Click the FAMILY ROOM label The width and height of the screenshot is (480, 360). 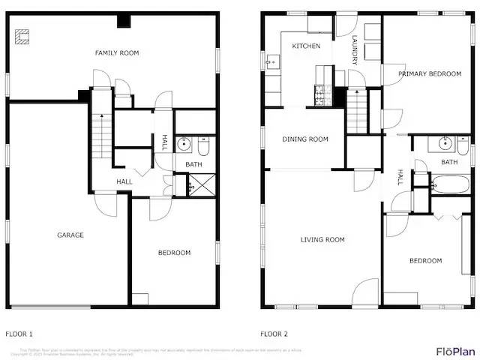pos(116,53)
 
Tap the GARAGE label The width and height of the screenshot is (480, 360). pos(70,235)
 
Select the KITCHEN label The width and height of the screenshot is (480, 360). pos(306,46)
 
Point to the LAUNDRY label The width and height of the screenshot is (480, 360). pos(354,52)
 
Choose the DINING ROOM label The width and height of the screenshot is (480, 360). pos(305,139)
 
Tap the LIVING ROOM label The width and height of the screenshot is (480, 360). pos(322,240)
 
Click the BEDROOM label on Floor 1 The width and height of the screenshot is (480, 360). pos(174,253)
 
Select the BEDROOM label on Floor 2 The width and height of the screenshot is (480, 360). pos(425,261)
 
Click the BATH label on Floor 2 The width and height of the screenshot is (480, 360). pos(449,162)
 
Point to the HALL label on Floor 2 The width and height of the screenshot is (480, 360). pos(400,177)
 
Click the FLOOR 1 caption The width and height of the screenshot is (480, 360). pos(19,334)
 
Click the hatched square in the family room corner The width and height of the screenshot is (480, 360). pos(23,35)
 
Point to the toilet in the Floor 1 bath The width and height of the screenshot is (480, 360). pos(203,145)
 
